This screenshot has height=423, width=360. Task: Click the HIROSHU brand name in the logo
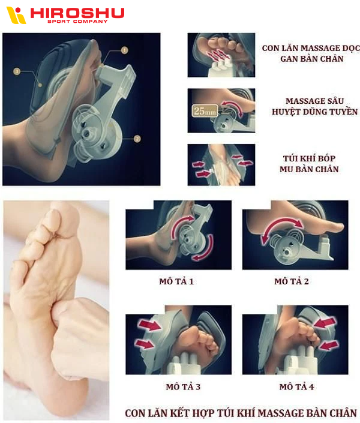click(77, 13)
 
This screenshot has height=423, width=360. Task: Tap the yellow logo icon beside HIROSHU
click(16, 15)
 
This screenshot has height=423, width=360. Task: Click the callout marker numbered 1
click(124, 50)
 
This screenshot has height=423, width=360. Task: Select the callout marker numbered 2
click(137, 139)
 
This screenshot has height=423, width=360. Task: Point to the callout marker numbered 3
click(17, 71)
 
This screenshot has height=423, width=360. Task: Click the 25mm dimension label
click(205, 110)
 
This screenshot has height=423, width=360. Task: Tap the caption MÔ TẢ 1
click(176, 281)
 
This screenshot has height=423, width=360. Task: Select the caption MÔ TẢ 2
click(292, 281)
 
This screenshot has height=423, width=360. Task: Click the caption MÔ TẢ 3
click(183, 386)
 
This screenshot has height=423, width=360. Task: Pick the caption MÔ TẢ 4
click(296, 386)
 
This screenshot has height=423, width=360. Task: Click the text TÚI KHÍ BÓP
click(309, 158)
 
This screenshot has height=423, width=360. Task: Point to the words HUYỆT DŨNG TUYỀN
click(314, 112)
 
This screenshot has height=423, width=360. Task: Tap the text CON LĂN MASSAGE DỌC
click(311, 48)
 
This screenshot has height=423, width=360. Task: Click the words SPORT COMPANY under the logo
click(78, 22)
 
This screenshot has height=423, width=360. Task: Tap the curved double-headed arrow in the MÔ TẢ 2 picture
click(282, 226)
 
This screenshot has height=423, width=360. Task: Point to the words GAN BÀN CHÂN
click(311, 59)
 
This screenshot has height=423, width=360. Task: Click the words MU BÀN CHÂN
click(309, 169)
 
